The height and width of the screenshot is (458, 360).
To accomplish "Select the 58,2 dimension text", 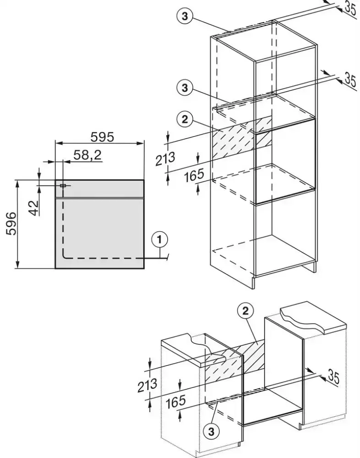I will tap(87, 156).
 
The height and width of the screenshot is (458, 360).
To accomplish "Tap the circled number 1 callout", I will tap(160, 239).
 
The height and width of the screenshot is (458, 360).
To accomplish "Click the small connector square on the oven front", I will tap(63, 185).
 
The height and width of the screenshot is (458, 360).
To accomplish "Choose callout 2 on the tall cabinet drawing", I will tap(184, 120).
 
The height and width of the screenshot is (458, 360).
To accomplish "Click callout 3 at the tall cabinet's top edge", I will tap(184, 16).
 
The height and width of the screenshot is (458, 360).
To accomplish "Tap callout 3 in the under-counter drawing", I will tap(212, 431).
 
